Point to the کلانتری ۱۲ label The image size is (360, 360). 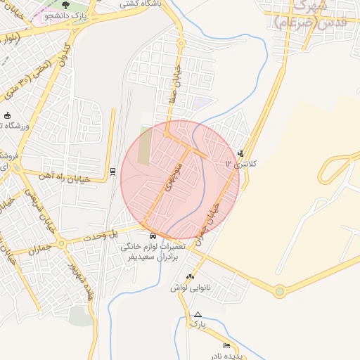tap(242, 164)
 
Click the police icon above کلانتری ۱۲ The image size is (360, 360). tap(242, 153)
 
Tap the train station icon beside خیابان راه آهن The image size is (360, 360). tap(112, 172)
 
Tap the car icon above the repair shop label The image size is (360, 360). tap(153, 235)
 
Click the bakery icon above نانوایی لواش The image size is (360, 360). tap(190, 276)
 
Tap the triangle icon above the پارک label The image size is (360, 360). tap(198, 314)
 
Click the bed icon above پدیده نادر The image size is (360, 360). tap(226, 345)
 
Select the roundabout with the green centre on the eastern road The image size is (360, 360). tap(280, 290)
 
